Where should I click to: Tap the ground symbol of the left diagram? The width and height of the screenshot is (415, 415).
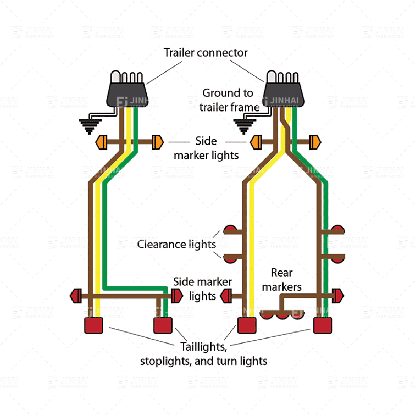pyautogui.click(x=90, y=126)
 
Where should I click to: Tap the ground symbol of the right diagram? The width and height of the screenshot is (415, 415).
pyautogui.click(x=244, y=126)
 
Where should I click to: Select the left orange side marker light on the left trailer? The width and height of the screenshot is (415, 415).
pyautogui.click(x=102, y=142)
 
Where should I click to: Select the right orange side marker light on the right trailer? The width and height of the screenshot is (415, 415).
pyautogui.click(x=315, y=142)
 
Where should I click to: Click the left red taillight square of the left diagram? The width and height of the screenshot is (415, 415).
pyautogui.click(x=94, y=325)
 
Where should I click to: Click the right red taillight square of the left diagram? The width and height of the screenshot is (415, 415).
pyautogui.click(x=163, y=325)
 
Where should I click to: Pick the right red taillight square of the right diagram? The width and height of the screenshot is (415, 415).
pyautogui.click(x=323, y=325)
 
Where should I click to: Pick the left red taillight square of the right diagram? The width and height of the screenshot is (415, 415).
pyautogui.click(x=247, y=325)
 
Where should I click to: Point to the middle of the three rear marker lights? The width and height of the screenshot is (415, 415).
pyautogui.click(x=282, y=316)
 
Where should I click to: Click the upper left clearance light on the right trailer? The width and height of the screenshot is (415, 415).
pyautogui.click(x=230, y=229)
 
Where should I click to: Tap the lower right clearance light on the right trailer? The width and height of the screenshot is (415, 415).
pyautogui.click(x=338, y=258)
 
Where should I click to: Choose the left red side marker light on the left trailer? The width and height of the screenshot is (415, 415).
pyautogui.click(x=76, y=296)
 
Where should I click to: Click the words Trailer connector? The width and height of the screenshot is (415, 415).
pyautogui.click(x=205, y=53)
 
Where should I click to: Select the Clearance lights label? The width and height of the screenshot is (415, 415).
pyautogui.click(x=176, y=244)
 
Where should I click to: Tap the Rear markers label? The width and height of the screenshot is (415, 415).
pyautogui.click(x=282, y=280)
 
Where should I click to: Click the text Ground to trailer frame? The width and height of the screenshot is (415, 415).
pyautogui.click(x=229, y=100)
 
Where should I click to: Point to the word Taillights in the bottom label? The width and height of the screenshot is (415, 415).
pyautogui.click(x=203, y=347)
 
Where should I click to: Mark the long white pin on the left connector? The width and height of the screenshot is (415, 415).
pyautogui.click(x=115, y=76)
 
